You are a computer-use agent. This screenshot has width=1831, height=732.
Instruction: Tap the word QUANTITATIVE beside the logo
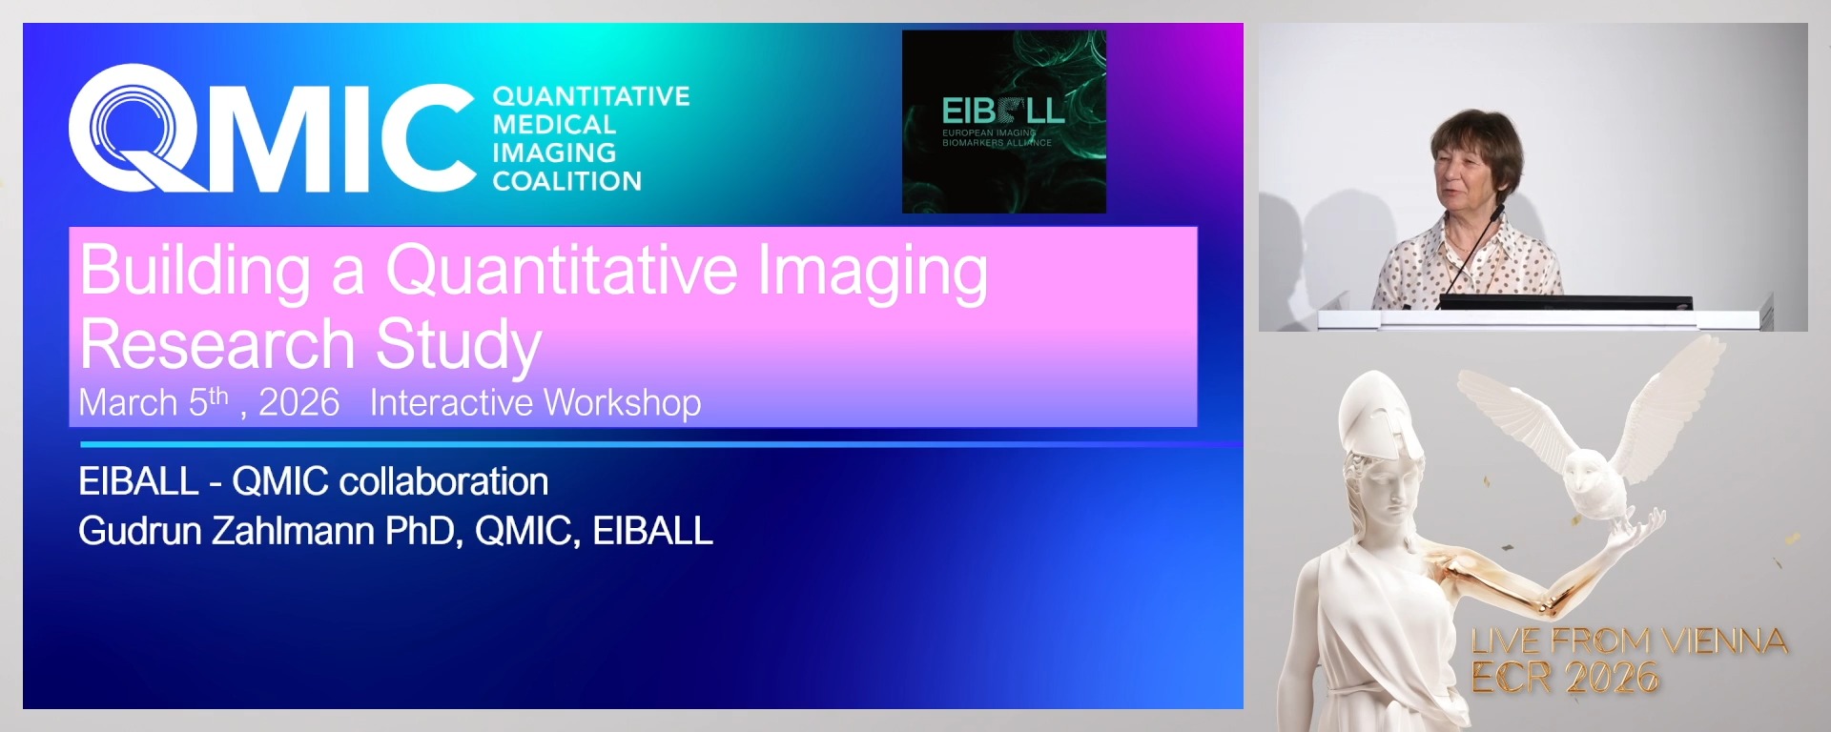tap(590, 96)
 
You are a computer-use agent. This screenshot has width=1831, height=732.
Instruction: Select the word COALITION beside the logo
tap(566, 181)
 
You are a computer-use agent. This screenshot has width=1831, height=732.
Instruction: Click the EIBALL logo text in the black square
tap(1002, 111)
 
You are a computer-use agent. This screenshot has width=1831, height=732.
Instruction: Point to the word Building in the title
tap(195, 271)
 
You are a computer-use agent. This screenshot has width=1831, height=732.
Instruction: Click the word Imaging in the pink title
tap(872, 271)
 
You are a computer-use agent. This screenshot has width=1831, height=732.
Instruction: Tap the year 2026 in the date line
tap(298, 403)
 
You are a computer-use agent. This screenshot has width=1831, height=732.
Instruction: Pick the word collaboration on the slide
tap(443, 481)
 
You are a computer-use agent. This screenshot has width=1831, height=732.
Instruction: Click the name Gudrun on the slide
tap(139, 531)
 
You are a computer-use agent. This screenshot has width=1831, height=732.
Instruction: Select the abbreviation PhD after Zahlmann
tap(423, 531)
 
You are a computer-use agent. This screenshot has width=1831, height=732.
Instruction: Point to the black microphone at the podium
tap(1473, 248)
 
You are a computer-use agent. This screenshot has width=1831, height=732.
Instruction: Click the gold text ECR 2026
tap(1564, 679)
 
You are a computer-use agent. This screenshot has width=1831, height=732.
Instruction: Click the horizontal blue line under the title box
tap(658, 444)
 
